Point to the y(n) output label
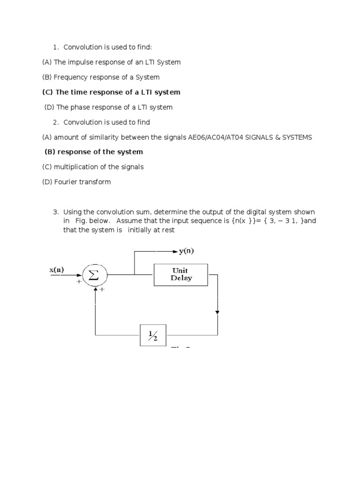coord(186,251)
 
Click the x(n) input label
coord(57,270)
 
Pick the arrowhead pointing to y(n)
coord(175,251)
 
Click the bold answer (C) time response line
coord(111,92)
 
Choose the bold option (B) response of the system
coord(94,152)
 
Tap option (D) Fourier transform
coord(76,182)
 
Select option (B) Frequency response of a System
coord(101,77)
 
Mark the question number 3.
coord(55,212)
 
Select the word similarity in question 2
coord(98,137)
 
